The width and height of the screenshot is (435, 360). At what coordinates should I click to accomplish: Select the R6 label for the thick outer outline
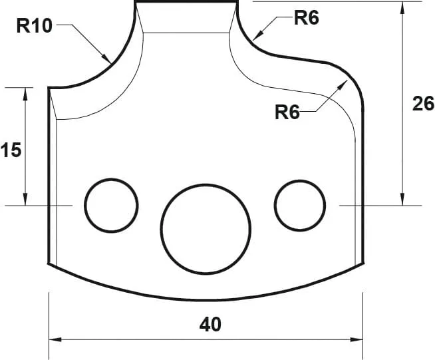tap(306, 18)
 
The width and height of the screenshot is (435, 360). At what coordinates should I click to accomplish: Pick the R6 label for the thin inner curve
tap(287, 112)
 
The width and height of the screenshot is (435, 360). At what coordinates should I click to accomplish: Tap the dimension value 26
tap(422, 104)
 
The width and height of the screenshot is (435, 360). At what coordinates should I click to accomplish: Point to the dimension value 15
tap(11, 150)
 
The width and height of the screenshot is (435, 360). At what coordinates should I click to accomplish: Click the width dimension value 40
tap(210, 325)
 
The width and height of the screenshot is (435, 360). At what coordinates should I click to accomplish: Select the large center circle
tap(206, 228)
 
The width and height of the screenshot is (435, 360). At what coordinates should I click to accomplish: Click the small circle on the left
tap(110, 205)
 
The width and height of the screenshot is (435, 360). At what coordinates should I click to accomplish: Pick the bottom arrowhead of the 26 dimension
tap(402, 200)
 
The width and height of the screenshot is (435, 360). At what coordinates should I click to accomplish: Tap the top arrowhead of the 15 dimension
tap(25, 92)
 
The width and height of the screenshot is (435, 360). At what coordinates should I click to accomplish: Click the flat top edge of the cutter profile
tap(186, 2)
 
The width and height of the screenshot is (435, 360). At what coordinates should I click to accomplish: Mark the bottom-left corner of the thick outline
tap(49, 264)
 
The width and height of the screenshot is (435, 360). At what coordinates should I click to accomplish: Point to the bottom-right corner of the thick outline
tap(363, 263)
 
